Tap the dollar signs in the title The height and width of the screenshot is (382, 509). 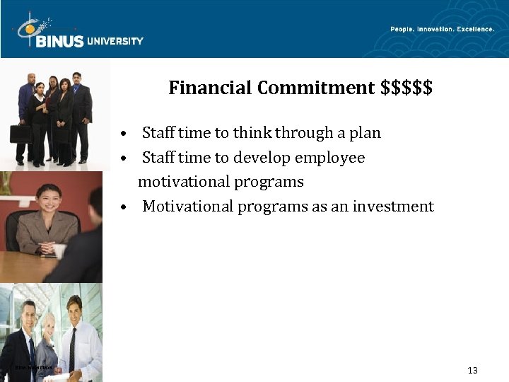click(x=406, y=88)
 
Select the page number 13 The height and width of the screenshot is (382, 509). click(x=473, y=371)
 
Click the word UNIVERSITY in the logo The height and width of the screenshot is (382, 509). click(x=115, y=41)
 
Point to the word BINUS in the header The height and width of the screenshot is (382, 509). click(x=59, y=41)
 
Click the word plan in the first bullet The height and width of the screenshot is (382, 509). click(x=366, y=133)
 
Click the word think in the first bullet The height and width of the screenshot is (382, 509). click(x=252, y=133)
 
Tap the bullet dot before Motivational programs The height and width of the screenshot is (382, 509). click(x=124, y=207)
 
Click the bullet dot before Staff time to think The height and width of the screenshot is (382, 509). click(x=124, y=134)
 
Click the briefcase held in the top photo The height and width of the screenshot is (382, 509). click(x=20, y=134)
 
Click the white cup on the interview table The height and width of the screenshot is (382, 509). click(x=59, y=250)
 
